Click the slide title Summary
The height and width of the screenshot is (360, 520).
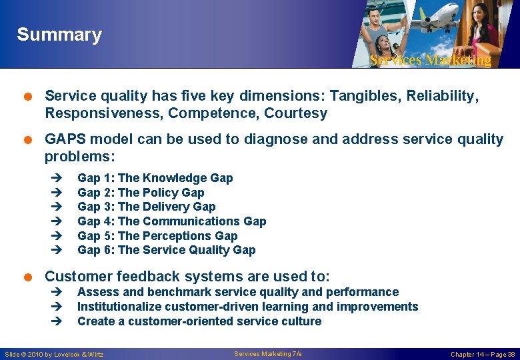pos(59,35)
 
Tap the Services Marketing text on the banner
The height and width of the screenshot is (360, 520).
pos(430,60)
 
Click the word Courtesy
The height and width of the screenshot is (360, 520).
pos(295,113)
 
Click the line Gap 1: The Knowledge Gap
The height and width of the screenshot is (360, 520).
pos(155,178)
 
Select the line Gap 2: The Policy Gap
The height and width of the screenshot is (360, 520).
pos(141,193)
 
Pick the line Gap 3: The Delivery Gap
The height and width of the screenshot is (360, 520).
pos(146,207)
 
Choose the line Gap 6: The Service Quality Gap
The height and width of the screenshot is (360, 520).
pos(166,250)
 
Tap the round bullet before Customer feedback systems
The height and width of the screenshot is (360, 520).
pos(29,277)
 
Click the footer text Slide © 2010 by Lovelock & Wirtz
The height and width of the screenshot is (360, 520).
pos(54,354)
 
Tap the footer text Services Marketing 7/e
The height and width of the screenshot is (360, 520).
pos(268,353)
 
